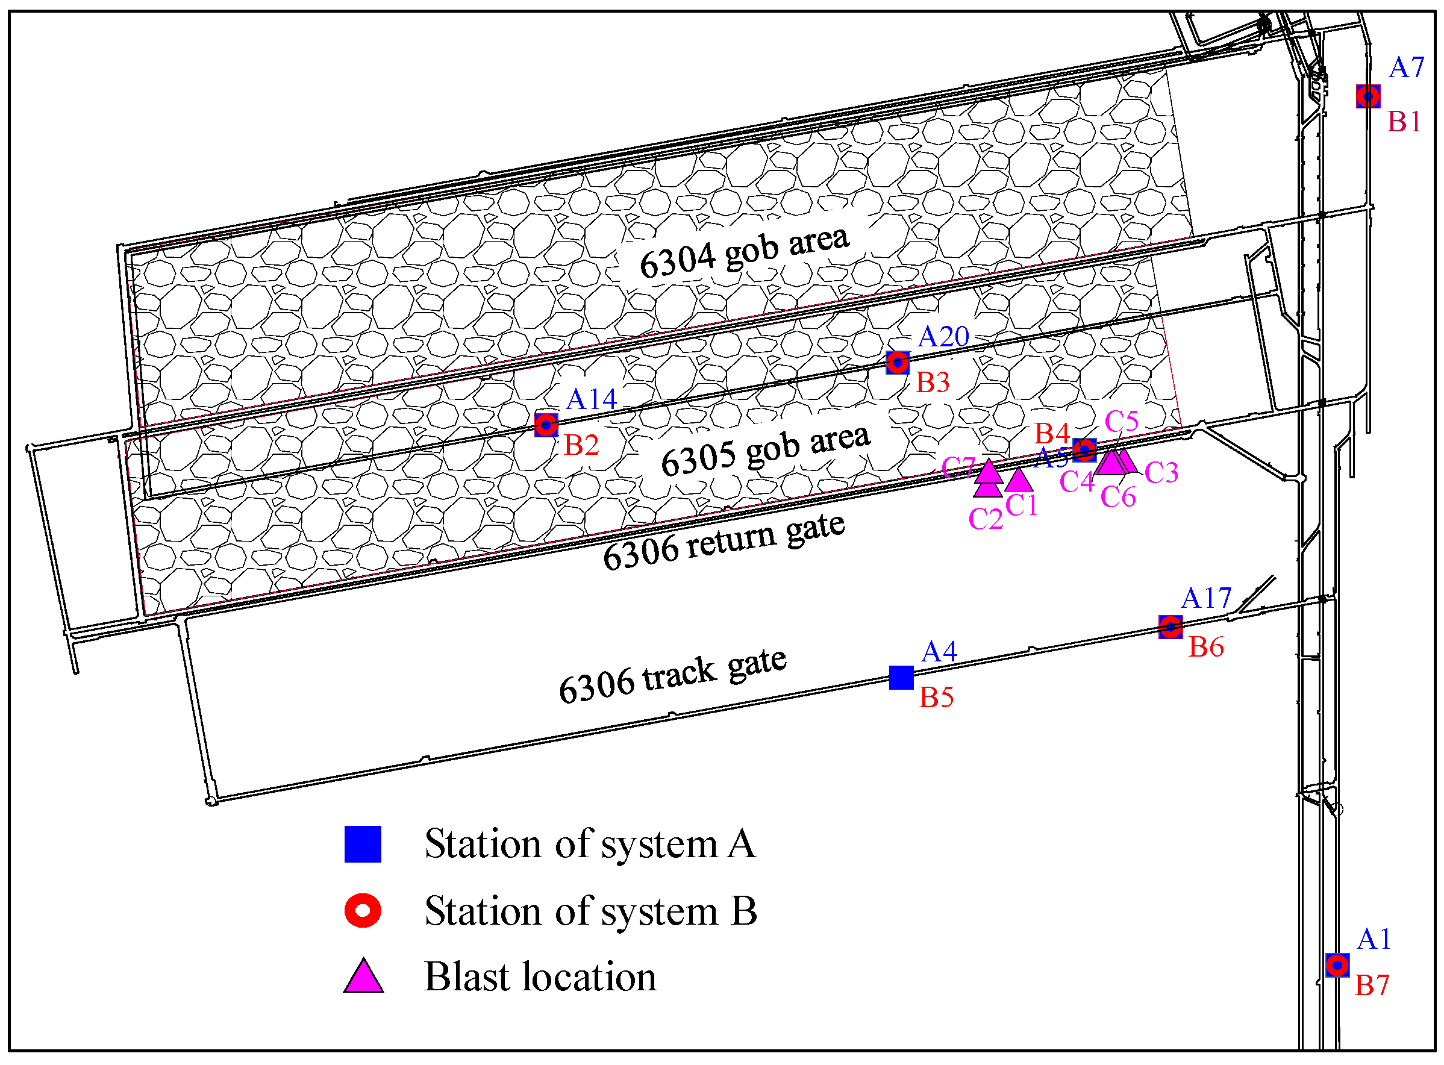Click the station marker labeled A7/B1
pyautogui.click(x=1367, y=96)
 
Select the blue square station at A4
pyautogui.click(x=901, y=678)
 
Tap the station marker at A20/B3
pyautogui.click(x=898, y=362)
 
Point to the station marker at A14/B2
pyautogui.click(x=546, y=425)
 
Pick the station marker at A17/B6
pyautogui.click(x=1171, y=626)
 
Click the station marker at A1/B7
pyautogui.click(x=1337, y=965)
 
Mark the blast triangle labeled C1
pyautogui.click(x=1019, y=480)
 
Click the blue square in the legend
pyautogui.click(x=363, y=844)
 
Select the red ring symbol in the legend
pyautogui.click(x=363, y=910)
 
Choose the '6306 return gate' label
pyautogui.click(x=724, y=541)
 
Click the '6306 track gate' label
pyautogui.click(x=672, y=675)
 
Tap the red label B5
pyautogui.click(x=936, y=698)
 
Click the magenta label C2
pyautogui.click(x=986, y=519)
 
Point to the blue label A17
pyautogui.click(x=1206, y=598)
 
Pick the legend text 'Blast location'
pyautogui.click(x=540, y=976)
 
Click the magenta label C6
pyautogui.click(x=1118, y=497)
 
